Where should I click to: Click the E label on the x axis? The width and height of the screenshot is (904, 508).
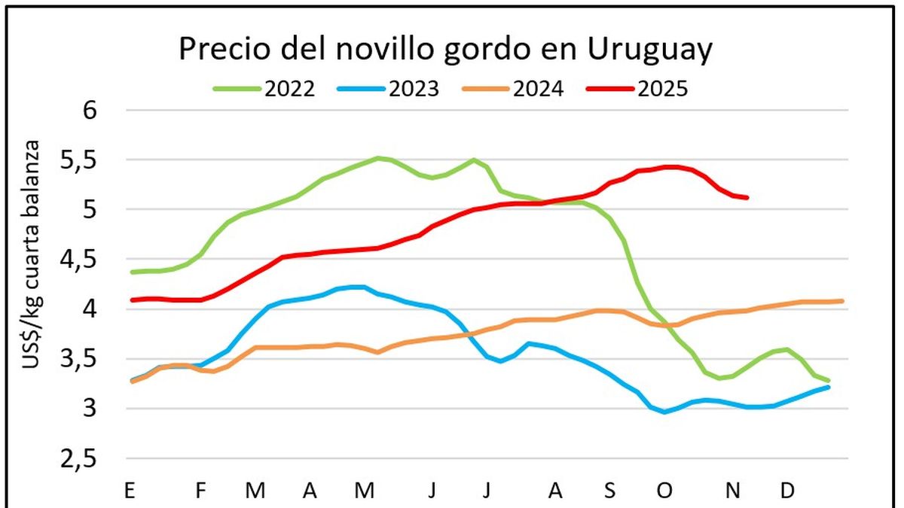(130, 491)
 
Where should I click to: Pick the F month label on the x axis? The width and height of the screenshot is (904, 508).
(200, 491)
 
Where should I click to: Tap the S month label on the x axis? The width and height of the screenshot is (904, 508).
(609, 491)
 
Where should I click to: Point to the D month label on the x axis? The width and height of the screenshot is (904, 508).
(787, 491)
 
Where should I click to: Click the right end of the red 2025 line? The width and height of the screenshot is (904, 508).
(747, 198)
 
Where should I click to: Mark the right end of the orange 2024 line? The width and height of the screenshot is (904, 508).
(841, 301)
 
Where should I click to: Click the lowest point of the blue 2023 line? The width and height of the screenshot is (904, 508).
(664, 412)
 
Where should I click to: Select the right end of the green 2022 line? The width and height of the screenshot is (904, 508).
(829, 380)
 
